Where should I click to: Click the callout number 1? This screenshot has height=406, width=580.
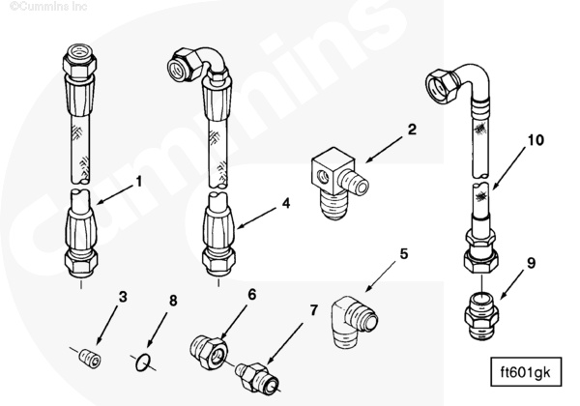click(139, 182)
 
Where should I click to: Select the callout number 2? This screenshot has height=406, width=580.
click(412, 130)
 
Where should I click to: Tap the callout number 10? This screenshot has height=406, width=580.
click(536, 140)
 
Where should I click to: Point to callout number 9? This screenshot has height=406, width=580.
click(531, 263)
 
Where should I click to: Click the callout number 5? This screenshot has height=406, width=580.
click(404, 254)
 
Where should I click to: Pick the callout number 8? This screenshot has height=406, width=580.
click(173, 301)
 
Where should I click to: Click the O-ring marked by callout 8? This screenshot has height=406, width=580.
click(143, 362)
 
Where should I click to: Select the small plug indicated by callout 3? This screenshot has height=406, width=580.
click(91, 358)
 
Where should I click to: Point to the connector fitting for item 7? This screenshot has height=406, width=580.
click(257, 377)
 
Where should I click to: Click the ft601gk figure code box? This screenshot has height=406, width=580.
click(526, 372)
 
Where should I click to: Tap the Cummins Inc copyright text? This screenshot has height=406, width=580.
click(48, 7)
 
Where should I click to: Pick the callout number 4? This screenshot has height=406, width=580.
click(286, 203)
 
